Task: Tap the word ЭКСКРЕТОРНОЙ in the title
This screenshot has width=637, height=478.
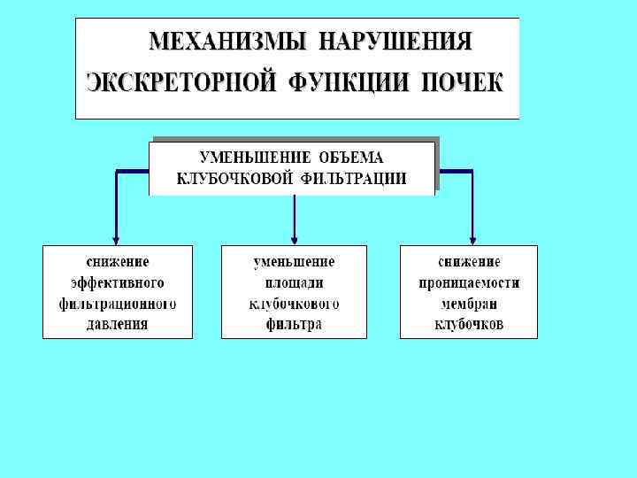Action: tap(173, 83)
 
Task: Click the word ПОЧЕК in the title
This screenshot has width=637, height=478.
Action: tap(457, 83)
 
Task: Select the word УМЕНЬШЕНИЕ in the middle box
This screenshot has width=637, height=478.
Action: tap(255, 158)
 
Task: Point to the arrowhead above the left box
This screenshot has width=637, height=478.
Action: tap(116, 238)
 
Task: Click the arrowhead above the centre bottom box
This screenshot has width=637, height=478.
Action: tap(294, 238)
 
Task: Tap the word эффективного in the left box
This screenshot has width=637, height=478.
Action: tap(118, 282)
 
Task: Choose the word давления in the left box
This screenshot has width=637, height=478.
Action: tap(118, 324)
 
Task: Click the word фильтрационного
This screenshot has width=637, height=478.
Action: tap(118, 304)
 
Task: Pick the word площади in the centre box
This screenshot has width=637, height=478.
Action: tap(294, 282)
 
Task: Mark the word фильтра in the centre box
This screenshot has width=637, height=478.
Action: tap(294, 324)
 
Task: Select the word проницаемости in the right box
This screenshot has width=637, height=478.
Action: tap(469, 282)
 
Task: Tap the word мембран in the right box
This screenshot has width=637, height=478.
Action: tap(469, 304)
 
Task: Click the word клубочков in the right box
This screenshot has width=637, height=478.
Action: tap(469, 324)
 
